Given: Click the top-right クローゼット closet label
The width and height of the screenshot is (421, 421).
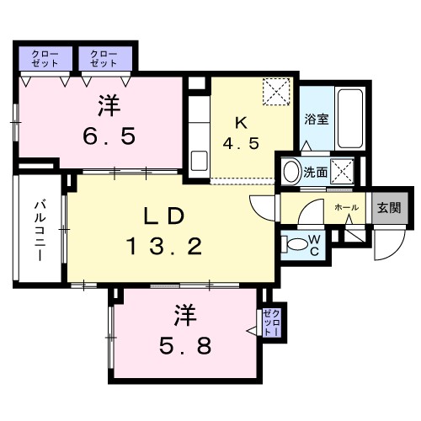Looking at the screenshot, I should point(104,56).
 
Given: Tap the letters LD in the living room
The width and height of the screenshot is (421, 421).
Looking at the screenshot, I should point(163,216).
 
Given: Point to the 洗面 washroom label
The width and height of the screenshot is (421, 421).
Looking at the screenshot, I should point(316,173).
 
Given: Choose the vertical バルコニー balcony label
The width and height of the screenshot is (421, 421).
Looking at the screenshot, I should point(39,229).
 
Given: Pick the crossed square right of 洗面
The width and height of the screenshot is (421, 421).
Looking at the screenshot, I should point(343,172).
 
